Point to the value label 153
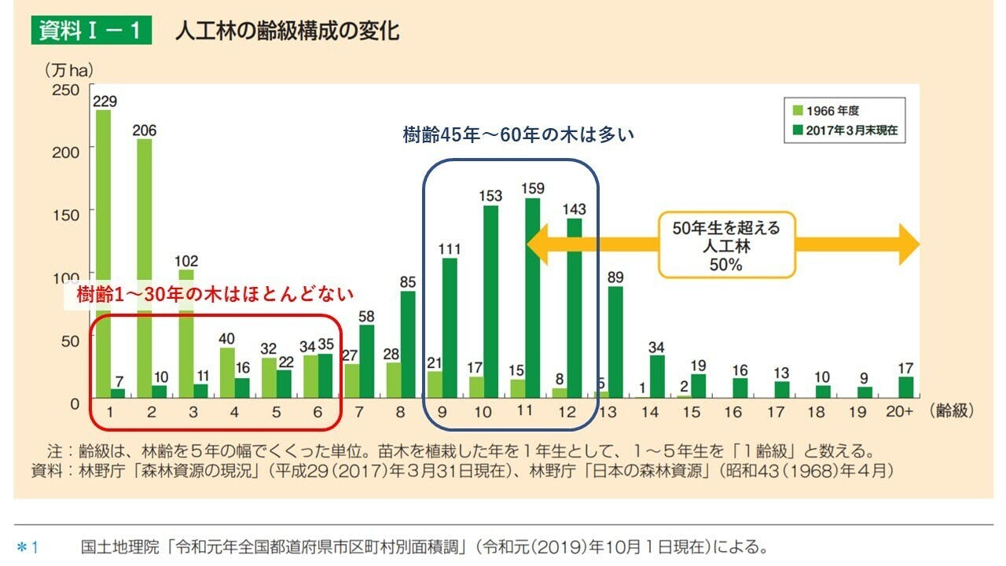pyautogui.click(x=490, y=196)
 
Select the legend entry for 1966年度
pyautogui.click(x=833, y=111)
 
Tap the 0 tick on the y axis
pyautogui.click(x=74, y=403)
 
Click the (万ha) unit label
pyautogui.click(x=68, y=70)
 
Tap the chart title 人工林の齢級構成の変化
pyautogui.click(x=287, y=31)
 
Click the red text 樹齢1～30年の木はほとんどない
pyautogui.click(x=215, y=295)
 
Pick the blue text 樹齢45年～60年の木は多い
pyautogui.click(x=518, y=135)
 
